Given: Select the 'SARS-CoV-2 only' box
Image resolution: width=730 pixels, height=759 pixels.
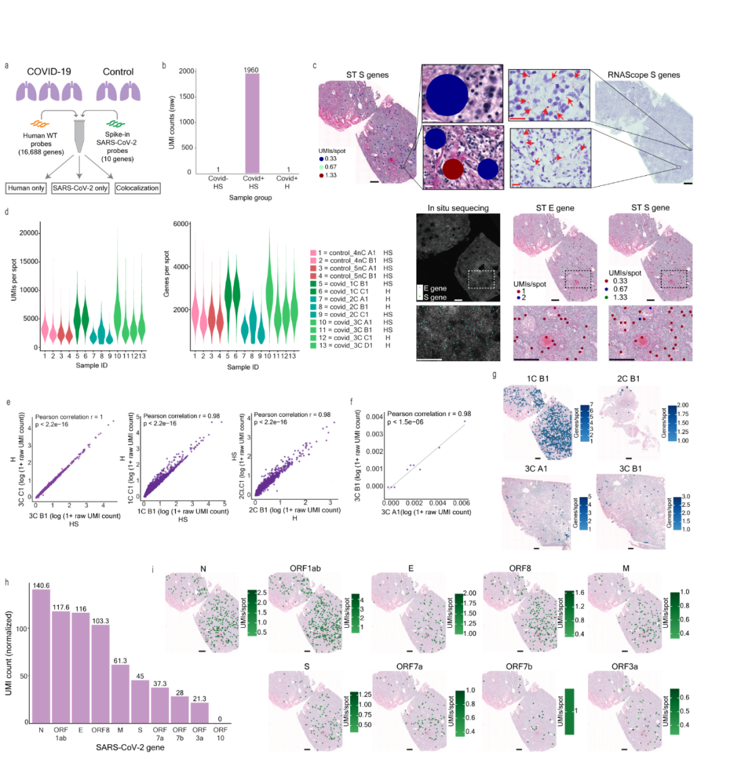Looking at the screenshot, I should point(80,186).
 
